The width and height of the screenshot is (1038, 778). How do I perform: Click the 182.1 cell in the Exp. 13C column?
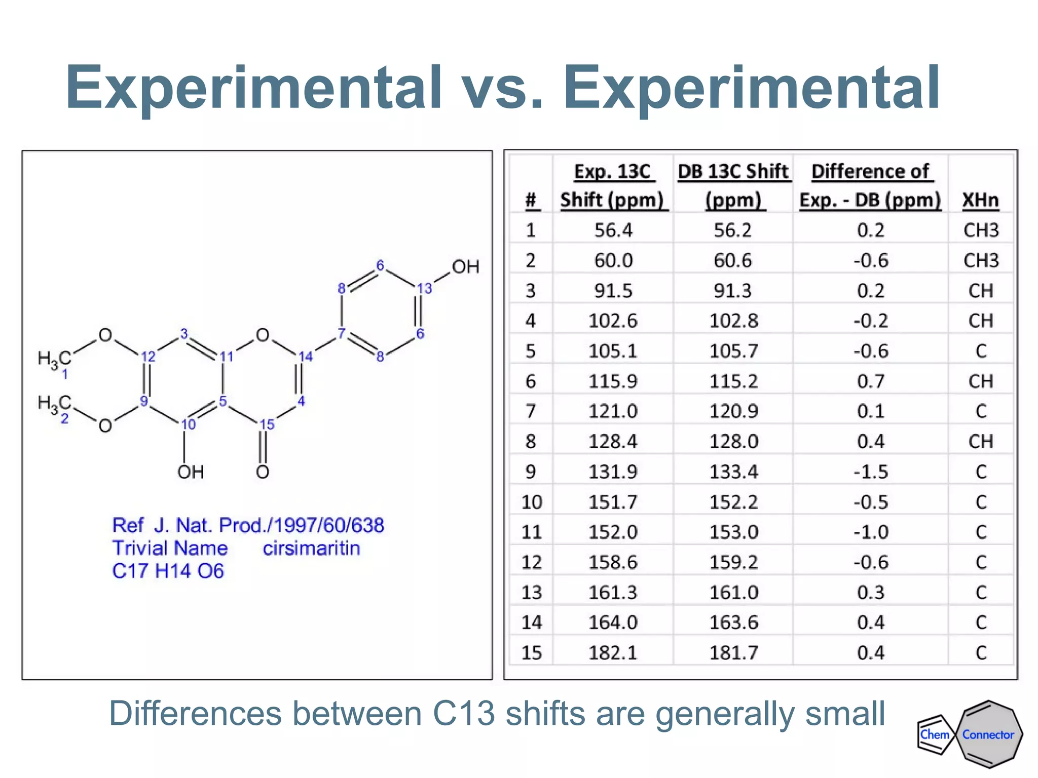[x=613, y=652]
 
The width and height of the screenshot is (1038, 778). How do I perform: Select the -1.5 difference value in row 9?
[x=870, y=472]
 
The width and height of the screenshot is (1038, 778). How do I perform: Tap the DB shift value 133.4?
[x=733, y=472]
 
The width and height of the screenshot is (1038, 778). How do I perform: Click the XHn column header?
[x=980, y=200]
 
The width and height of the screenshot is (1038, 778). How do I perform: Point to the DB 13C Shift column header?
[x=733, y=185]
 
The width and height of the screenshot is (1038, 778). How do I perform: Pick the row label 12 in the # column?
[x=531, y=562]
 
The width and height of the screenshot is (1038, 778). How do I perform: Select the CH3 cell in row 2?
[x=980, y=260]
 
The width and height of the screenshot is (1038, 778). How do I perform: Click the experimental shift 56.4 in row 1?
[x=613, y=230]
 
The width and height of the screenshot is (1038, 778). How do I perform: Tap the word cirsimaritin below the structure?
[x=311, y=548]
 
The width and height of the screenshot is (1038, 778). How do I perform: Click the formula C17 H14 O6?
[x=168, y=571]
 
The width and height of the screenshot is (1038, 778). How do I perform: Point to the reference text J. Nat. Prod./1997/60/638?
[x=269, y=525]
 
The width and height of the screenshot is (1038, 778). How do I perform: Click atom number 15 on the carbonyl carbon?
[x=267, y=424]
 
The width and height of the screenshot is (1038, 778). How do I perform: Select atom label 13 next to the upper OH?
[x=424, y=288]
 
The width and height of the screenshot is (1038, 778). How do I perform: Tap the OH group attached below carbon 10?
[x=190, y=472]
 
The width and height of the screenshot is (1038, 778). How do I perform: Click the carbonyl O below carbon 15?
[x=263, y=472]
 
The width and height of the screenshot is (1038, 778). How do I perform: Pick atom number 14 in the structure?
[x=305, y=357]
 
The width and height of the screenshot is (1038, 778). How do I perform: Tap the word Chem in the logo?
[x=934, y=734]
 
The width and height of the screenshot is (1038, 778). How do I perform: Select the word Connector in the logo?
[x=988, y=734]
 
